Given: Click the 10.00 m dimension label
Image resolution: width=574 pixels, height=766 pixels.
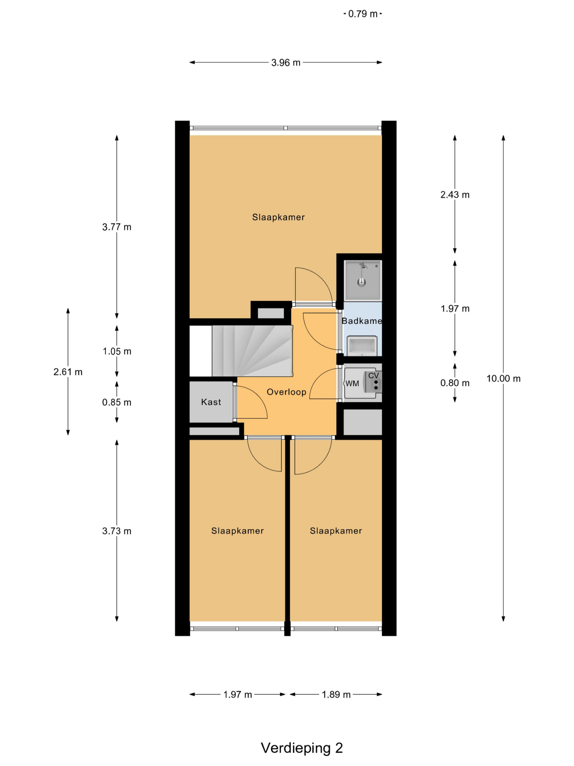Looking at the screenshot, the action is (503, 379).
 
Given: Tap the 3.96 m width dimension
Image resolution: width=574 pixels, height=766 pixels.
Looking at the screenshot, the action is (286, 63).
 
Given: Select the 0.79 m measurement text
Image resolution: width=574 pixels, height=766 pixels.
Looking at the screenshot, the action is (363, 14).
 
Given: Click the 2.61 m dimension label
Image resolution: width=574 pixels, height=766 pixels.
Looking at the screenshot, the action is (68, 372).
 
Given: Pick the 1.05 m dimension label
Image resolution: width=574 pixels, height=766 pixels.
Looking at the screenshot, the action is (117, 351).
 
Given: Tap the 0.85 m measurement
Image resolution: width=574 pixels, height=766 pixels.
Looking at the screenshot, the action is (117, 402).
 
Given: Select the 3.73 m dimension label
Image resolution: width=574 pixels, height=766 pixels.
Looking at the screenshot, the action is (117, 531).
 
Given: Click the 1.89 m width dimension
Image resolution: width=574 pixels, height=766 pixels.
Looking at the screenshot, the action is (336, 694).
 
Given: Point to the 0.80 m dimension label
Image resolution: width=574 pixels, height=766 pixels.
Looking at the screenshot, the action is (455, 383).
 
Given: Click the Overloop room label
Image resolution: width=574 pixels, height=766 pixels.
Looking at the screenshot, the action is (286, 392).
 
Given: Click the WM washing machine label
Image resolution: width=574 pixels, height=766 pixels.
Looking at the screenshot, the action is (352, 383).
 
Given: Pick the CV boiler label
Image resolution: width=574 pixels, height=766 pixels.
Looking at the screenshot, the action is (374, 376).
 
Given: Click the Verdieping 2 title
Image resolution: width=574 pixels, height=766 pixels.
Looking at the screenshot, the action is (302, 748).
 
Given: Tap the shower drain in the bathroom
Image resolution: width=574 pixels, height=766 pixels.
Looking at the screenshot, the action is (361, 282).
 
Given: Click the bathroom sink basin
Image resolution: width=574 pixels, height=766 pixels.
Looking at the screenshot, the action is (362, 345).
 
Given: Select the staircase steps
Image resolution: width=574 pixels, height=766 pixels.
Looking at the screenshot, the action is (252, 351).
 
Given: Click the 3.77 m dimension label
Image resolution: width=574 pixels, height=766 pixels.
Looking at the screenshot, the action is (117, 227).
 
